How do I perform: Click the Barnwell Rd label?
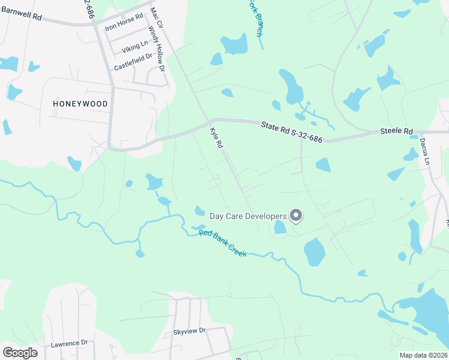click(20, 17)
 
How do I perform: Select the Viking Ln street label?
click(134, 46)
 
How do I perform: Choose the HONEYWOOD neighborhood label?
click(80, 104)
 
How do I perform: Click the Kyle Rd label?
click(216, 137)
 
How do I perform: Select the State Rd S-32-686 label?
click(292, 132)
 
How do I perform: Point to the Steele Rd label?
click(396, 131)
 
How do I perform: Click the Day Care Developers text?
click(247, 215)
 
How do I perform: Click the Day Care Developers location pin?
click(295, 215)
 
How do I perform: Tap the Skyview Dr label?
click(189, 331)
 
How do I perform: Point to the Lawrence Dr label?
click(69, 344)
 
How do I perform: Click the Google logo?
click(20, 353)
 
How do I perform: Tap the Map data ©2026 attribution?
click(423, 355)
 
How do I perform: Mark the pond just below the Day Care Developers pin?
click(280, 227)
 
